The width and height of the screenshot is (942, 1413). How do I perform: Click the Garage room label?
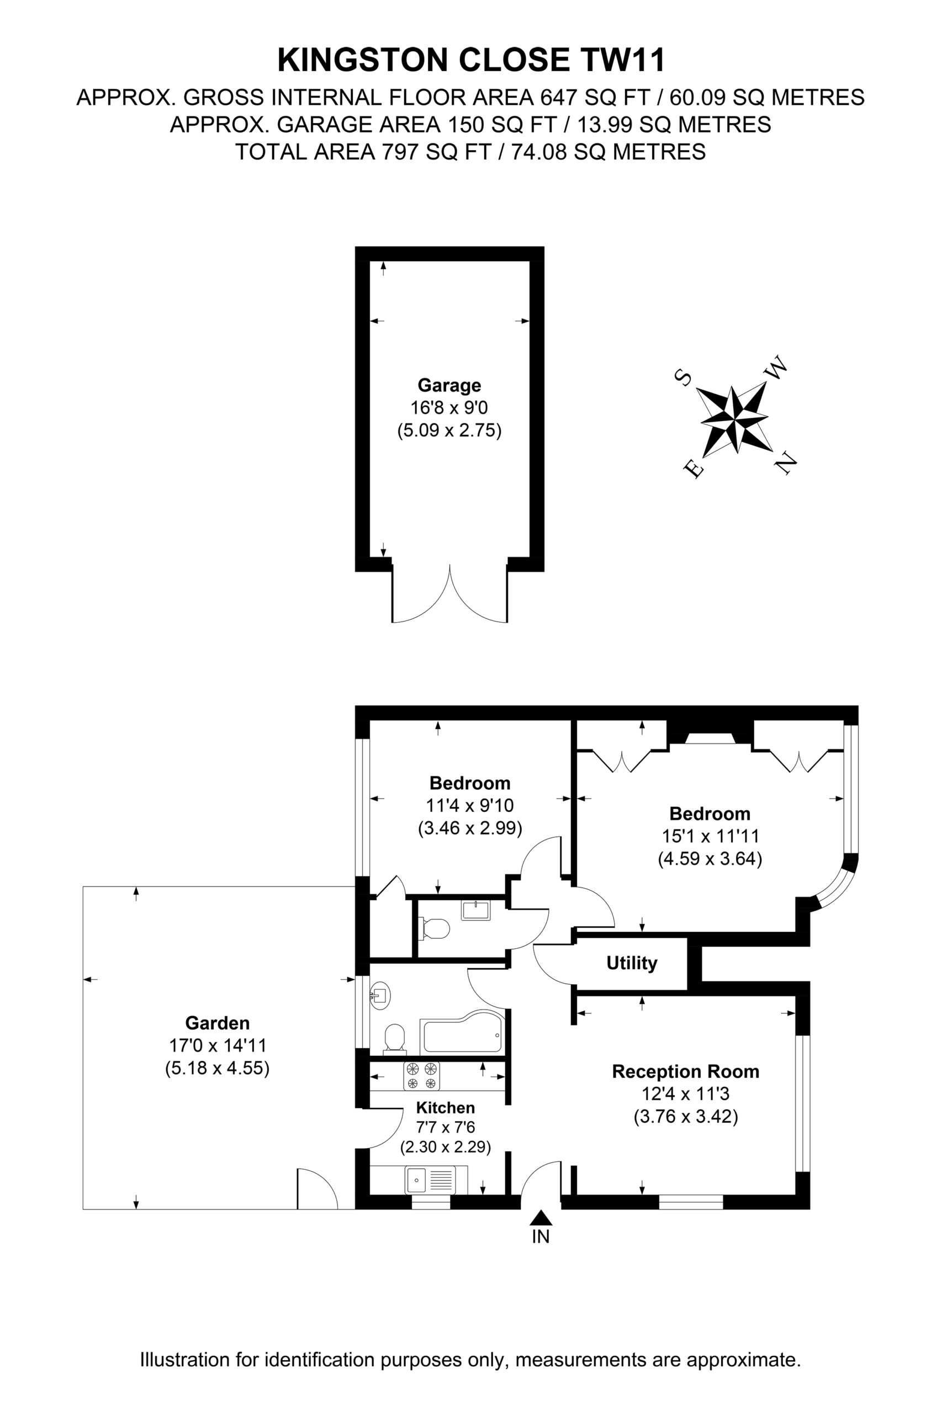pyautogui.click(x=449, y=385)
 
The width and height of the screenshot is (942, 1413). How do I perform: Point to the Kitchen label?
pyautogui.click(x=445, y=1107)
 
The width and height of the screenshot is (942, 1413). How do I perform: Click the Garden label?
pyautogui.click(x=217, y=1023)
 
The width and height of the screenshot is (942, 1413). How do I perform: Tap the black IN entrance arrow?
pyautogui.click(x=541, y=1217)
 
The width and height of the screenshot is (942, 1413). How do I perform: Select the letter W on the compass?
pyautogui.click(x=775, y=368)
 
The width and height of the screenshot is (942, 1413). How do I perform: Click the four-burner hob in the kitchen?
pyautogui.click(x=421, y=1076)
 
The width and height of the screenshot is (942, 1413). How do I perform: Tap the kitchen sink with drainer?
pyautogui.click(x=431, y=1179)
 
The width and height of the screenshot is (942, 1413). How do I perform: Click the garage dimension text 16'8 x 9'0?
pyautogui.click(x=449, y=408)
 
